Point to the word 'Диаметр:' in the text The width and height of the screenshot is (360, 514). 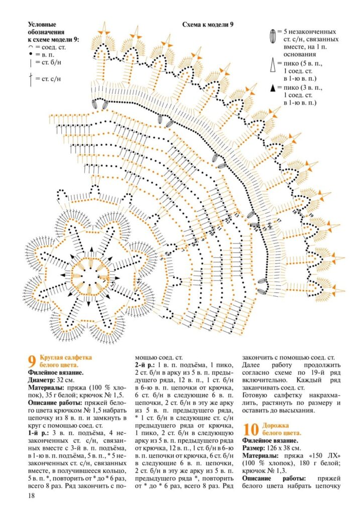(x=43, y=380)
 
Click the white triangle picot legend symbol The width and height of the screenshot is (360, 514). (x=273, y=65)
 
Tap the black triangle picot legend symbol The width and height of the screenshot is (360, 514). (x=273, y=88)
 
